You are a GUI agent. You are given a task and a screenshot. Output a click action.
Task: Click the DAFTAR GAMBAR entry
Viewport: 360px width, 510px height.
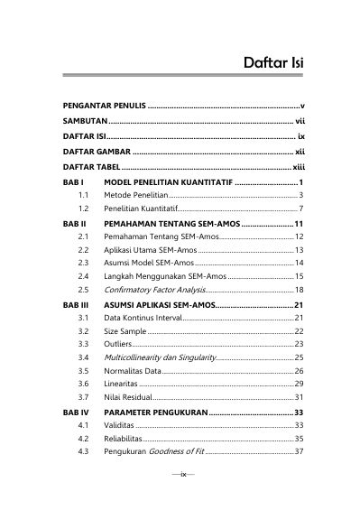[95, 152]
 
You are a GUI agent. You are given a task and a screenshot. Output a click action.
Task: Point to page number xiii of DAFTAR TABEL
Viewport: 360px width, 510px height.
[299, 167]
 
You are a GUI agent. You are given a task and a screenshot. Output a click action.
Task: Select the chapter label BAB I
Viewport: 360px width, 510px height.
[74, 181]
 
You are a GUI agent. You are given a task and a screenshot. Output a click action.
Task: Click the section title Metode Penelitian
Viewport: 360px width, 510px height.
[136, 195]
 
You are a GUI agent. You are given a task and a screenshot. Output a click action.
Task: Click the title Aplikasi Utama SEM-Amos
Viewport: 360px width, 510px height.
[150, 248]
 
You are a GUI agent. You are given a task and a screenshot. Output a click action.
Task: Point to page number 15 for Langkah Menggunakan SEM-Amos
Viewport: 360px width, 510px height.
[300, 275]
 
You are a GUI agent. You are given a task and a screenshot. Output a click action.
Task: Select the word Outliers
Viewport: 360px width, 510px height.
[121, 345]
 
